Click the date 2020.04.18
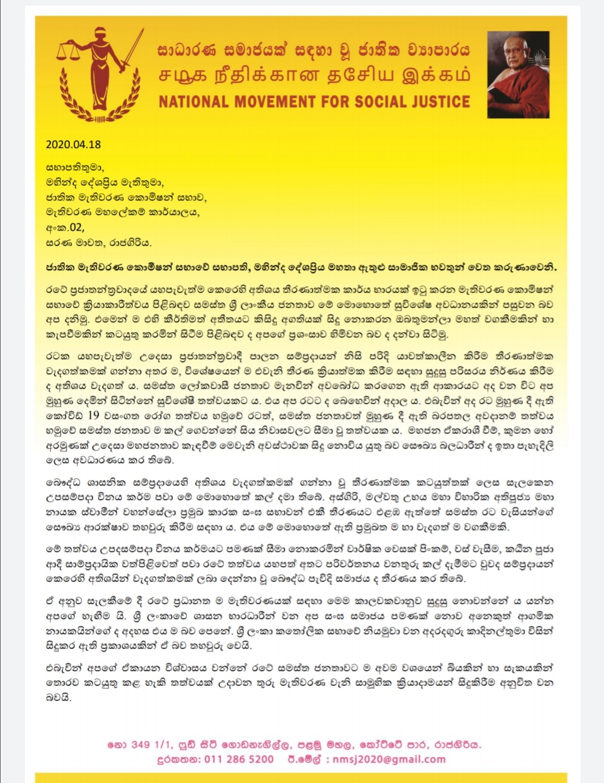click(73, 144)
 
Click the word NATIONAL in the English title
click(194, 102)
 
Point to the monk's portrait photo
click(518, 74)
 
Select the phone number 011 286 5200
click(239, 759)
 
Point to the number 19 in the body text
click(93, 415)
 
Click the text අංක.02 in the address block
click(65, 227)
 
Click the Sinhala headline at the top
click(313, 50)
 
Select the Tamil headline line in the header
click(314, 75)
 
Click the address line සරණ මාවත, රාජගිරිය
click(98, 242)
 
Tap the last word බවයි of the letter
click(59, 697)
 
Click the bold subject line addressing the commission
click(301, 267)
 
